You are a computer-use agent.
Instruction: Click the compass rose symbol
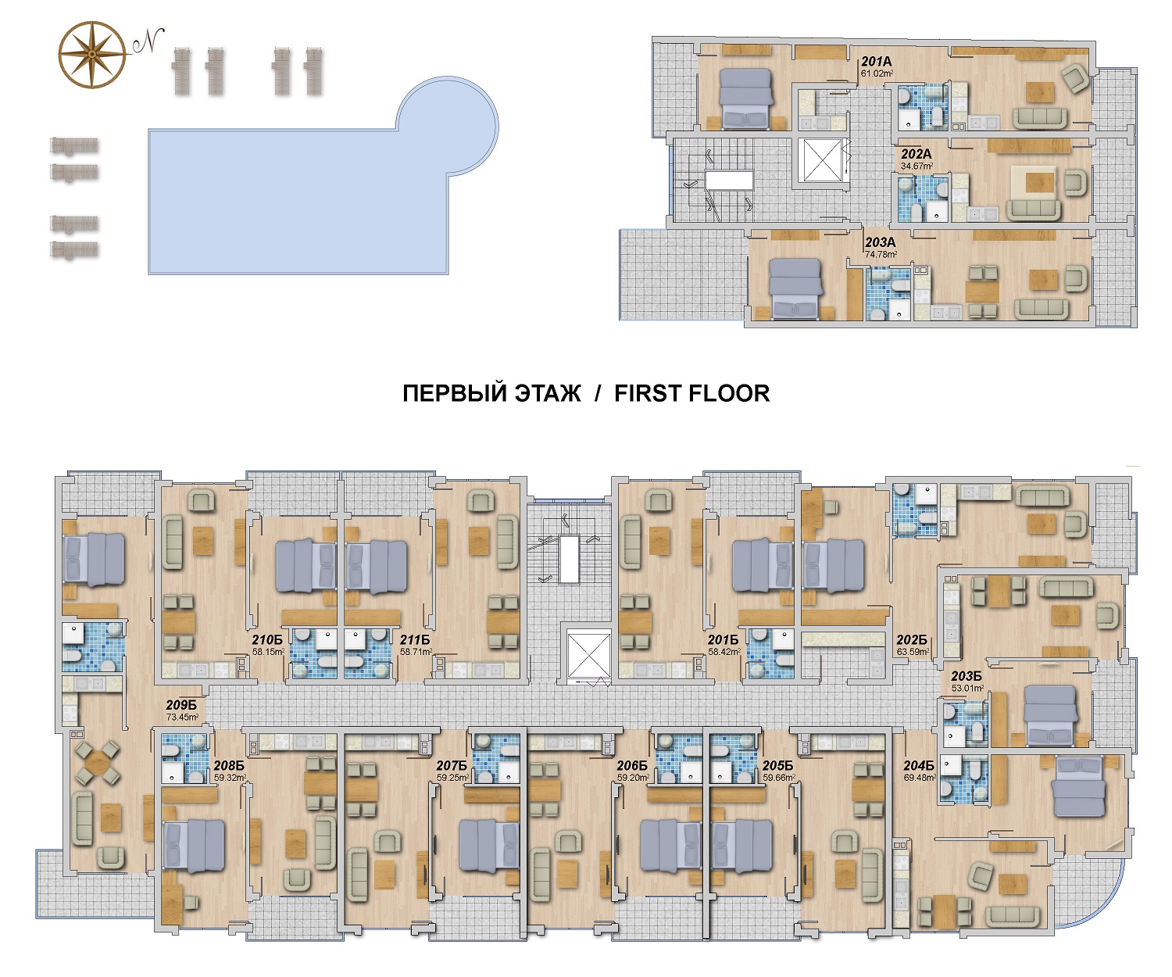click(92, 55)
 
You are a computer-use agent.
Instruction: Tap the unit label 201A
click(876, 62)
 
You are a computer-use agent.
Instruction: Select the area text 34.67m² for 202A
click(917, 166)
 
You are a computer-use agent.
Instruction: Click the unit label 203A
click(880, 242)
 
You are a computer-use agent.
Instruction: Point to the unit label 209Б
click(181, 705)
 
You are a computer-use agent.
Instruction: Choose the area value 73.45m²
click(182, 717)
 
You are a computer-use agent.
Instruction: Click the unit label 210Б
click(267, 640)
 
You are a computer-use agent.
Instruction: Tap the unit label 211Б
click(415, 640)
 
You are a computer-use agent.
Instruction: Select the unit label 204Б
click(919, 766)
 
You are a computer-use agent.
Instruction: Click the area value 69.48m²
click(920, 778)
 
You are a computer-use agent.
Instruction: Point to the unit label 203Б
click(966, 677)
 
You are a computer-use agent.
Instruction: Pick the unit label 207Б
click(452, 766)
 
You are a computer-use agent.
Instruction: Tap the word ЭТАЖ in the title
click(548, 394)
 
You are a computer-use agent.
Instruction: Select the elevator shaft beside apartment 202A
click(821, 160)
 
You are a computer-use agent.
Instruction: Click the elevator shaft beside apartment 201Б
click(589, 655)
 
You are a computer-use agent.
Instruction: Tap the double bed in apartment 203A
click(795, 290)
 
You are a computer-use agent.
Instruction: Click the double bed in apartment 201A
click(746, 98)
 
